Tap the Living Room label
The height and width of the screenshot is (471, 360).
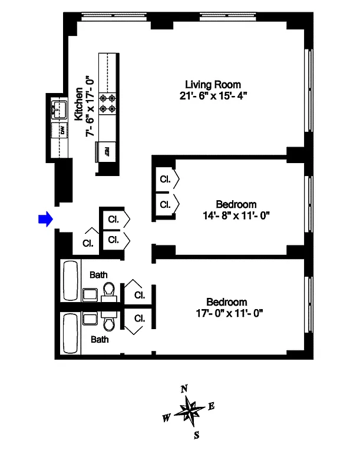pos(213,84)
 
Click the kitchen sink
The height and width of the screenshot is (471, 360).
pos(60,108)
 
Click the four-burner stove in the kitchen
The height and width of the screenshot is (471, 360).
pos(108,104)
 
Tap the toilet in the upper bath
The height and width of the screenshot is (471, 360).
pos(109,290)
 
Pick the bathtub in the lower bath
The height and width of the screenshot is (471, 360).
pos(70,333)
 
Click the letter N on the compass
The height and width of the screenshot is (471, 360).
pos(184,389)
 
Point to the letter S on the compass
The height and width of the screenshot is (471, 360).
pos(196,436)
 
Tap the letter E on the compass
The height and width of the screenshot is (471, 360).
pos(212,406)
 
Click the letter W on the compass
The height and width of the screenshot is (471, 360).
pos(167,418)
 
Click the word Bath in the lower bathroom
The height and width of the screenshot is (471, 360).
pos(98,340)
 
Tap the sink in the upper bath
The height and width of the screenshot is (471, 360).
pos(90,294)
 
